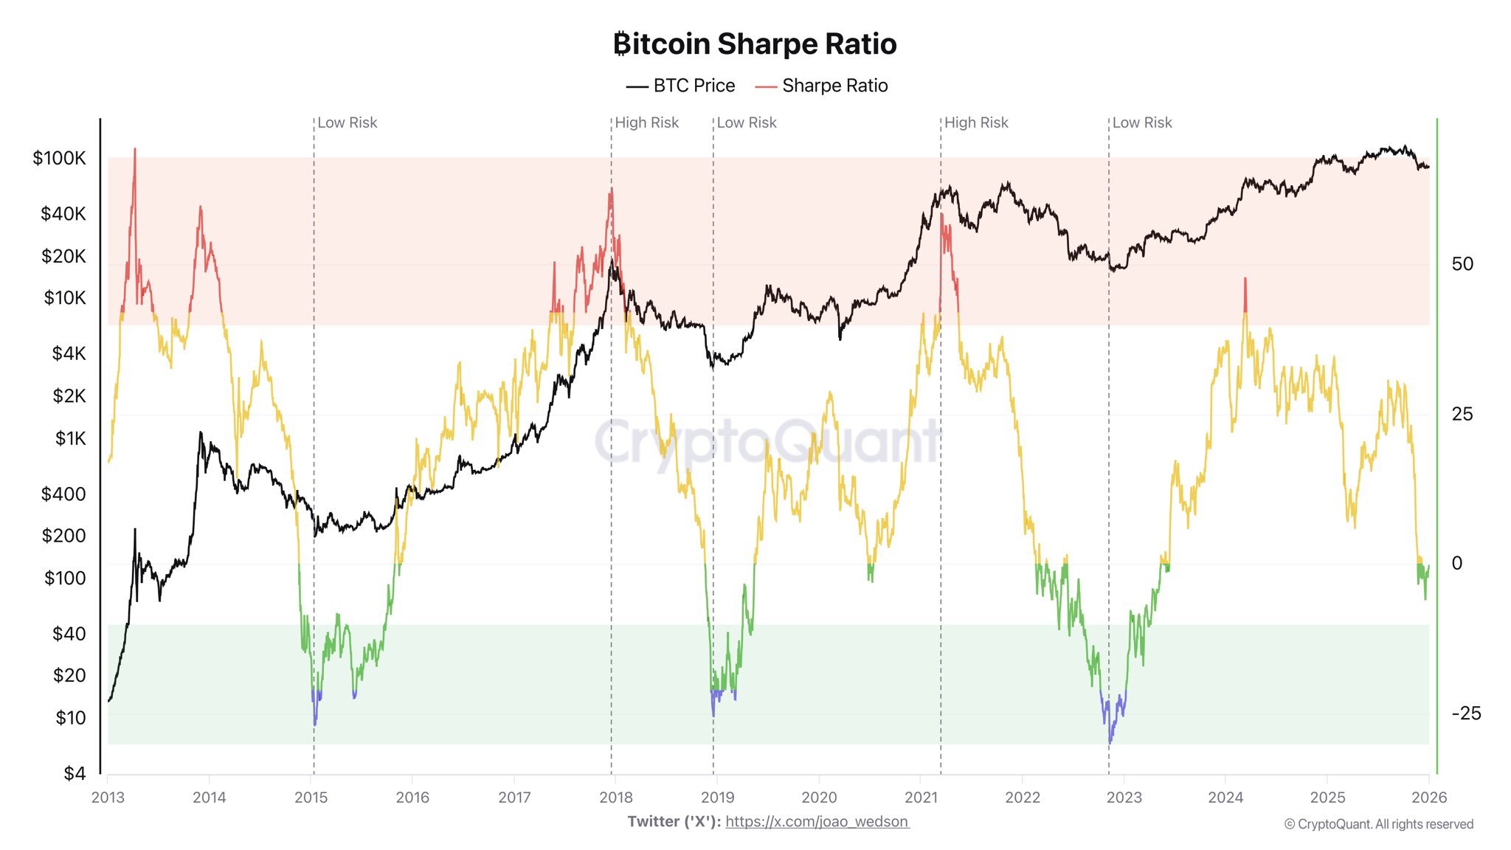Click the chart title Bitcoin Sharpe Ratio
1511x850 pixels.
[x=755, y=44]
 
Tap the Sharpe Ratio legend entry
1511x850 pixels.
[x=821, y=86]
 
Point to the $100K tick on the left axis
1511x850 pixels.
[x=59, y=159]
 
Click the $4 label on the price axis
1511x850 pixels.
[x=74, y=773]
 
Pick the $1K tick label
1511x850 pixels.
[x=70, y=439]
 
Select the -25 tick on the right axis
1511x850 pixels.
[x=1465, y=713]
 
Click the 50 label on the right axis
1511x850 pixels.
[x=1462, y=264]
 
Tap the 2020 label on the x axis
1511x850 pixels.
[x=819, y=798]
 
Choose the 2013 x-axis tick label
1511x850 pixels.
[x=108, y=798]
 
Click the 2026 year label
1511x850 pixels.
[x=1429, y=798]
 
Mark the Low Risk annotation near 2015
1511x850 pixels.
[x=347, y=123]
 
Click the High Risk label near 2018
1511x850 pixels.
[x=646, y=123]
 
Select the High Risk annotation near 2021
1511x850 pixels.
[x=975, y=123]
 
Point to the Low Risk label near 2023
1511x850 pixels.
[x=1141, y=123]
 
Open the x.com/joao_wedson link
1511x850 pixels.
[x=817, y=822]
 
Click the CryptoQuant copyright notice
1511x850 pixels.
[x=1378, y=825]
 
